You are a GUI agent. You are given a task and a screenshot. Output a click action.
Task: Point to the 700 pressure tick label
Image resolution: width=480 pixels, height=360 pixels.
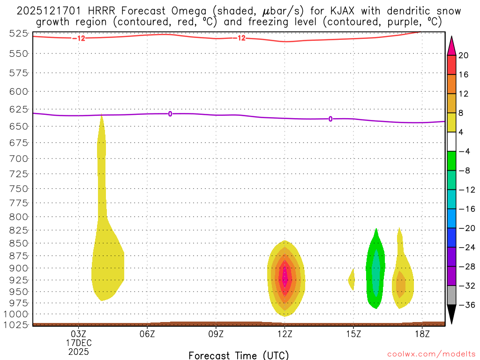click(x=19, y=158)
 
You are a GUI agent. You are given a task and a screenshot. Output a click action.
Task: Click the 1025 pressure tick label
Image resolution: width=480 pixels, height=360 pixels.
click(x=17, y=324)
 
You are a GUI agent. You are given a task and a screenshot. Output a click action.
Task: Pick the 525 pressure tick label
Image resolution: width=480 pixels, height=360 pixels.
click(x=19, y=33)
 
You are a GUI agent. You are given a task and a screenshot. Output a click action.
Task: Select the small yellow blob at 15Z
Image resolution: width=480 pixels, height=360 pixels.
click(x=352, y=280)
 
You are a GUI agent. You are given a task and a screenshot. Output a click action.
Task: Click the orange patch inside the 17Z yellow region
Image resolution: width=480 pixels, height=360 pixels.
click(x=401, y=285)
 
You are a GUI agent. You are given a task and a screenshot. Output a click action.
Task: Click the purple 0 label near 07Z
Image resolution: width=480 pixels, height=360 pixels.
click(x=170, y=113)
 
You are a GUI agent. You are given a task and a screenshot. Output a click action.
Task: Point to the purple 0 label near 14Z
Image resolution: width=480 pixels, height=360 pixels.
click(x=330, y=119)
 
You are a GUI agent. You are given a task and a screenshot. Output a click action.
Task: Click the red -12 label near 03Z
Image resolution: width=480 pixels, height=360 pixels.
click(x=79, y=38)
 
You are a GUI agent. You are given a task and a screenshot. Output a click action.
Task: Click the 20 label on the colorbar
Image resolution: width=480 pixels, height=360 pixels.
click(x=464, y=55)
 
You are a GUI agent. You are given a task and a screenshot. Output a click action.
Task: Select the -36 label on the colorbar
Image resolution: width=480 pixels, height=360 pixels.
click(x=465, y=305)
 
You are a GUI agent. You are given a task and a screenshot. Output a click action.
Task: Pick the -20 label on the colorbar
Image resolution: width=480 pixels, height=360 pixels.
click(x=465, y=228)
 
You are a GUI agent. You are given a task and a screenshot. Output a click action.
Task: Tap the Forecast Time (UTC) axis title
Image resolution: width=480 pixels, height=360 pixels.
click(x=239, y=355)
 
